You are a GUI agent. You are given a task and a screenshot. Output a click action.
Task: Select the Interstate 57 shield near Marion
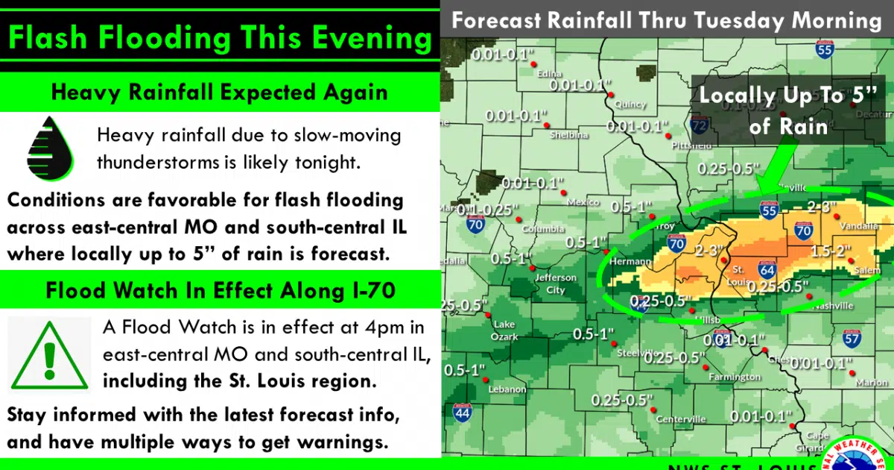(852, 339)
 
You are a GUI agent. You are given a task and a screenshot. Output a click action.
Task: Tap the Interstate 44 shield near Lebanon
(462, 411)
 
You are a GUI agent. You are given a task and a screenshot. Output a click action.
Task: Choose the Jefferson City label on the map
(556, 283)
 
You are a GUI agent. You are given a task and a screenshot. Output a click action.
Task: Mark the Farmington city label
(734, 377)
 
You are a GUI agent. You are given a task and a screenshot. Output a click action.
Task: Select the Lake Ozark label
(504, 330)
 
